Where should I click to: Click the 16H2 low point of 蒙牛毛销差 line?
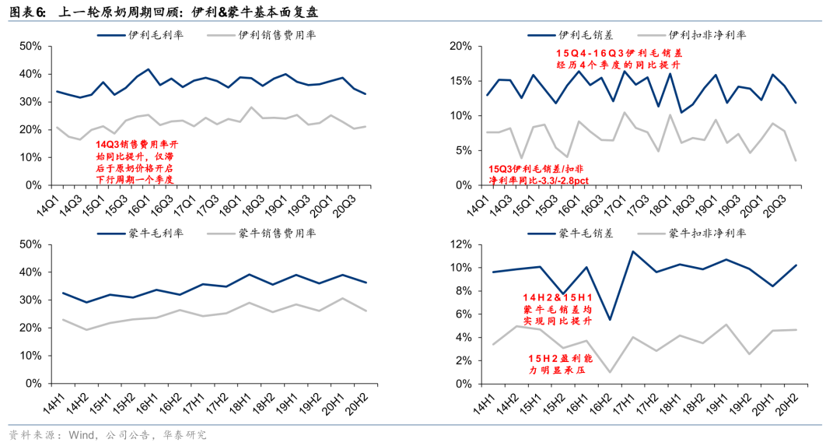(x=611, y=319)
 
